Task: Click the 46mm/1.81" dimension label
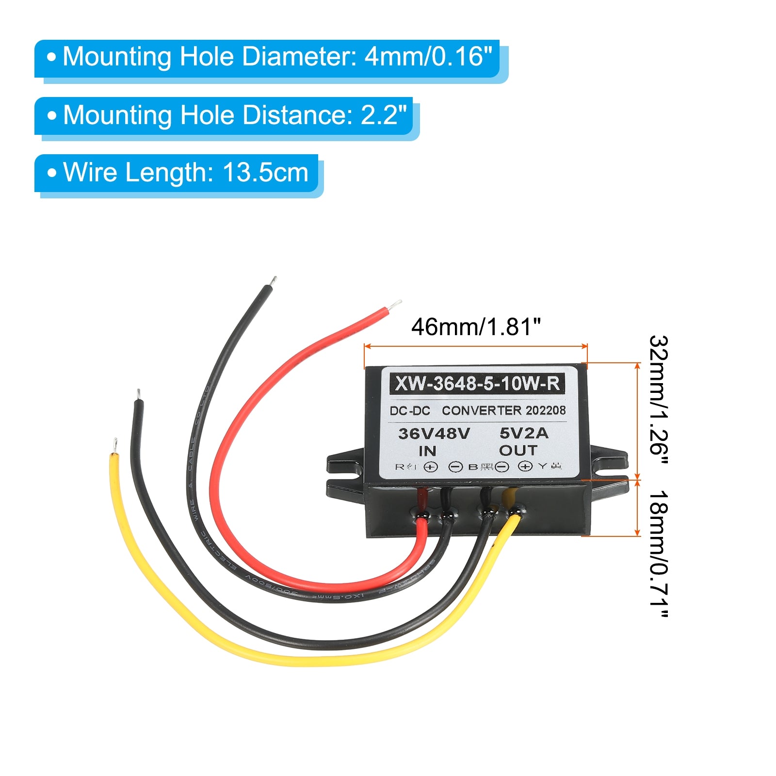pos(475,327)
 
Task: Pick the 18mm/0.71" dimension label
pos(659,553)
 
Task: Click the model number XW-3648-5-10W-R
pos(477,384)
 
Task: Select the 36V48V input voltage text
pos(434,433)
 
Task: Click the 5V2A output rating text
pos(524,433)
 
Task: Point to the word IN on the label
pos(427,451)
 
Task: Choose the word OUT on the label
pos(518,451)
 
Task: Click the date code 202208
pos(546,410)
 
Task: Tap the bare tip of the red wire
pos(395,305)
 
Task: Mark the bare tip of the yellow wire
pos(115,443)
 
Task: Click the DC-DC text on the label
pos(410,411)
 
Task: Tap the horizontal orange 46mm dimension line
pos(475,346)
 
